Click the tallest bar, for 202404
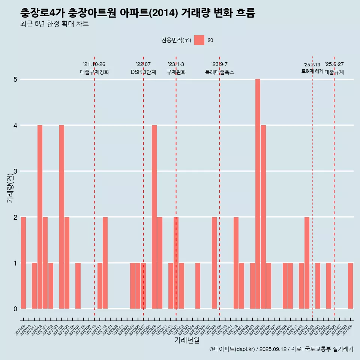point(258,194)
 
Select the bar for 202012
point(40,217)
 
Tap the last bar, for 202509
point(350,286)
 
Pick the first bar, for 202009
point(23,262)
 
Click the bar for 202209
point(154,217)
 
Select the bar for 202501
point(307,262)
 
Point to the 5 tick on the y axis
point(15,79)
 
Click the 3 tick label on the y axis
point(15,171)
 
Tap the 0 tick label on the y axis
point(15,309)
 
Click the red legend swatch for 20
point(199,40)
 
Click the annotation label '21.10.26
point(94,64)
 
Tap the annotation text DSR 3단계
point(143,72)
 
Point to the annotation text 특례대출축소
point(219,72)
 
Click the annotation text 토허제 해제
point(312,71)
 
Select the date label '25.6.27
point(334,64)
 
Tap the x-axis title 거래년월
point(187,340)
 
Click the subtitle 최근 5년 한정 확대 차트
point(54,24)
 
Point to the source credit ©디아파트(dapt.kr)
point(232,349)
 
